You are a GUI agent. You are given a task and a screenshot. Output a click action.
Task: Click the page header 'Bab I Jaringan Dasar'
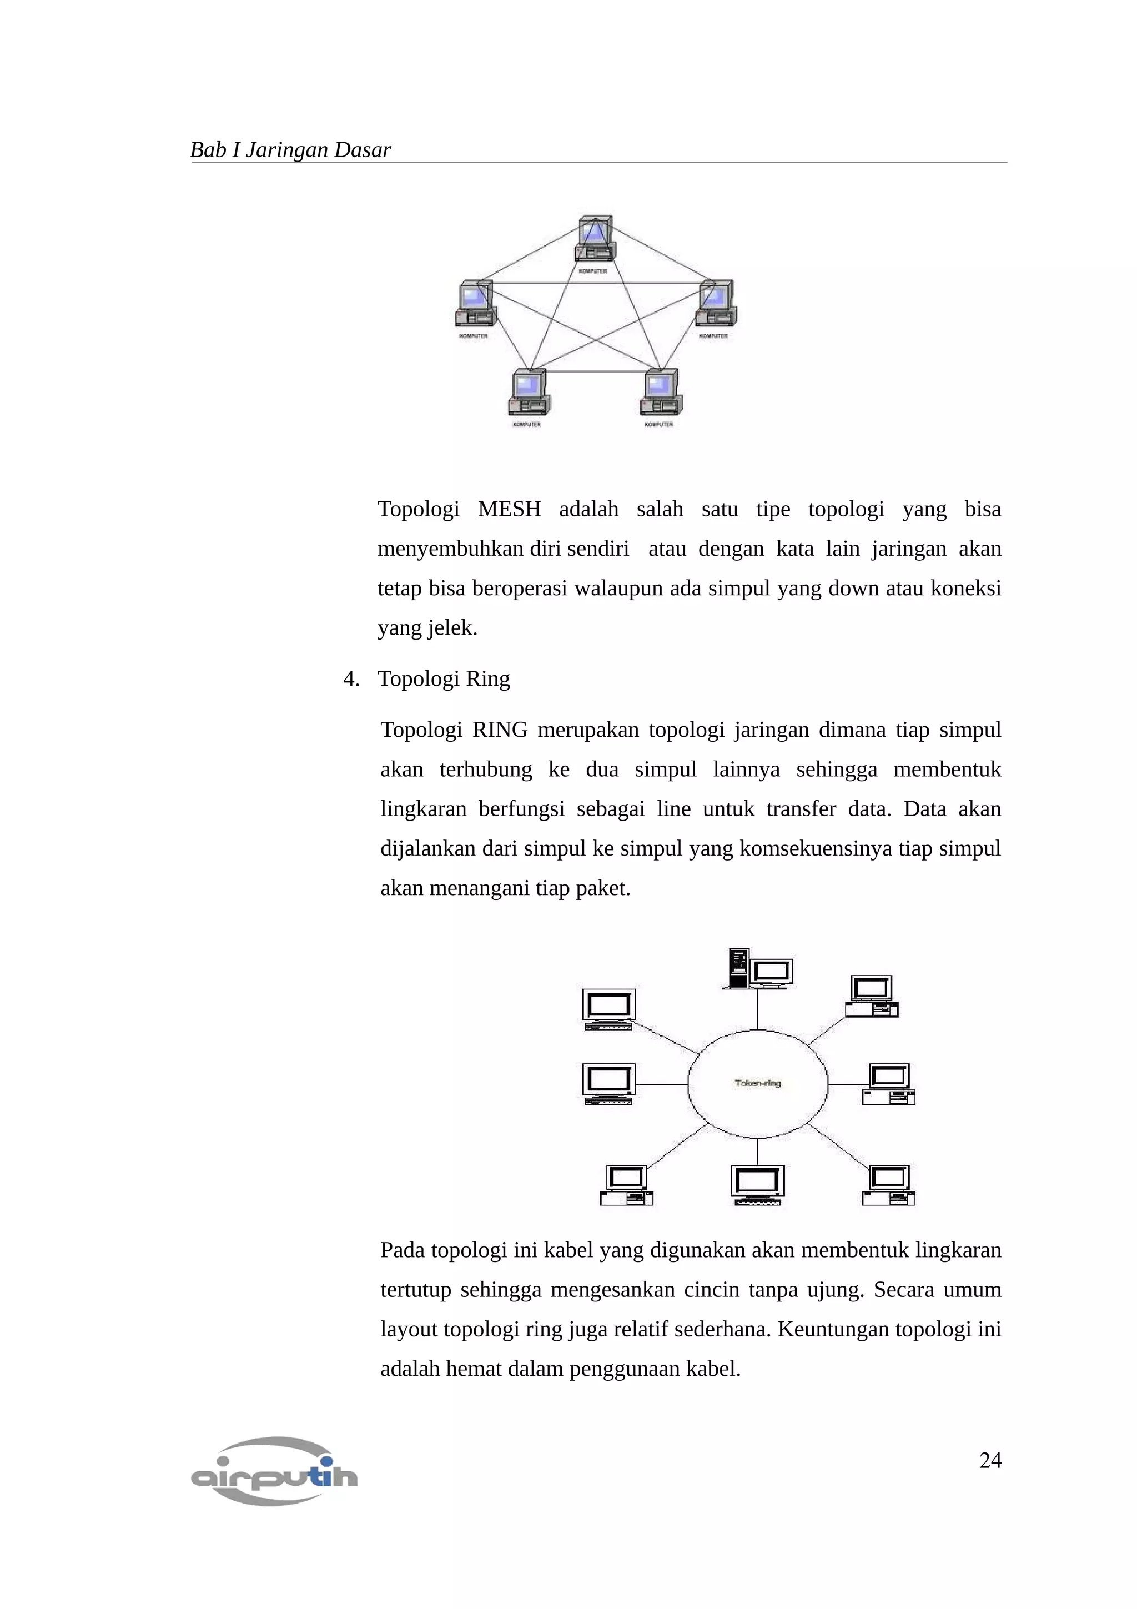click(x=290, y=150)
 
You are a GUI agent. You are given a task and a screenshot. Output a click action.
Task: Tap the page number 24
click(x=990, y=1460)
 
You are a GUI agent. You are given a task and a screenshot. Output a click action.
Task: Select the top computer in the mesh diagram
click(x=595, y=240)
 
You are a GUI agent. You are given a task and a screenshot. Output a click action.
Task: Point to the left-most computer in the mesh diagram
click(x=475, y=305)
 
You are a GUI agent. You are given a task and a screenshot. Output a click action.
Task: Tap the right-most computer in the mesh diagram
click(x=715, y=305)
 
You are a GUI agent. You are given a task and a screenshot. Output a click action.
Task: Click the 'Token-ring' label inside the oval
click(x=757, y=1083)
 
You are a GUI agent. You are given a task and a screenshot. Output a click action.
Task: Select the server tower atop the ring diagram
click(x=738, y=968)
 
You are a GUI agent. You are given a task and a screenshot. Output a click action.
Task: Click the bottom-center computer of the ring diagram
click(x=757, y=1184)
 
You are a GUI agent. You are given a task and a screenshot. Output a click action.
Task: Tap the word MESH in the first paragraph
click(x=509, y=510)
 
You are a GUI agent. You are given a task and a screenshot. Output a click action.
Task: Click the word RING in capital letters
click(x=500, y=730)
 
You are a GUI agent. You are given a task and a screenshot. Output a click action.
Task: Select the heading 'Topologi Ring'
click(x=444, y=678)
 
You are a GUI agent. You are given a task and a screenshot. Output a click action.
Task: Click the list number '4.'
click(x=351, y=678)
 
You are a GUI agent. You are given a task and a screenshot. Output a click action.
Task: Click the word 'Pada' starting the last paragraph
click(x=403, y=1250)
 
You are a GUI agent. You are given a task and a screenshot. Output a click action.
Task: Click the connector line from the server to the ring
click(x=757, y=1009)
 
